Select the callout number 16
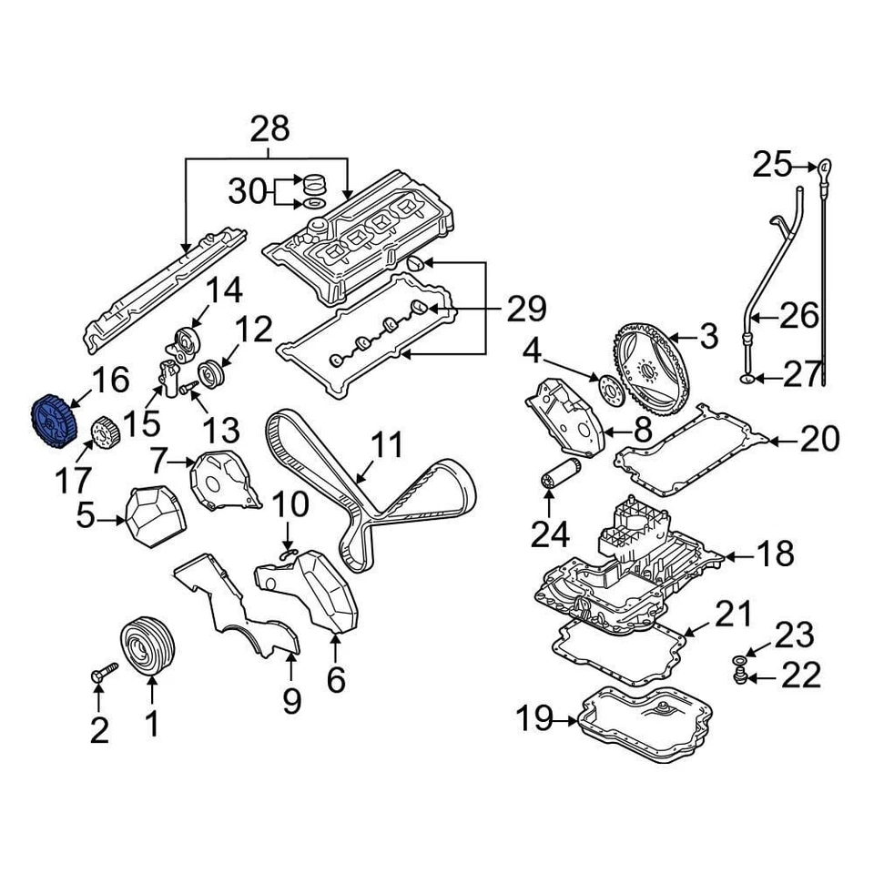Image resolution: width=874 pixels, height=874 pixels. pos(109,381)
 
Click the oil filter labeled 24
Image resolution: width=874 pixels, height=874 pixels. pos(552,480)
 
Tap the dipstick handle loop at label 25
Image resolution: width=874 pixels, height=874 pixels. pos(824,167)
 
